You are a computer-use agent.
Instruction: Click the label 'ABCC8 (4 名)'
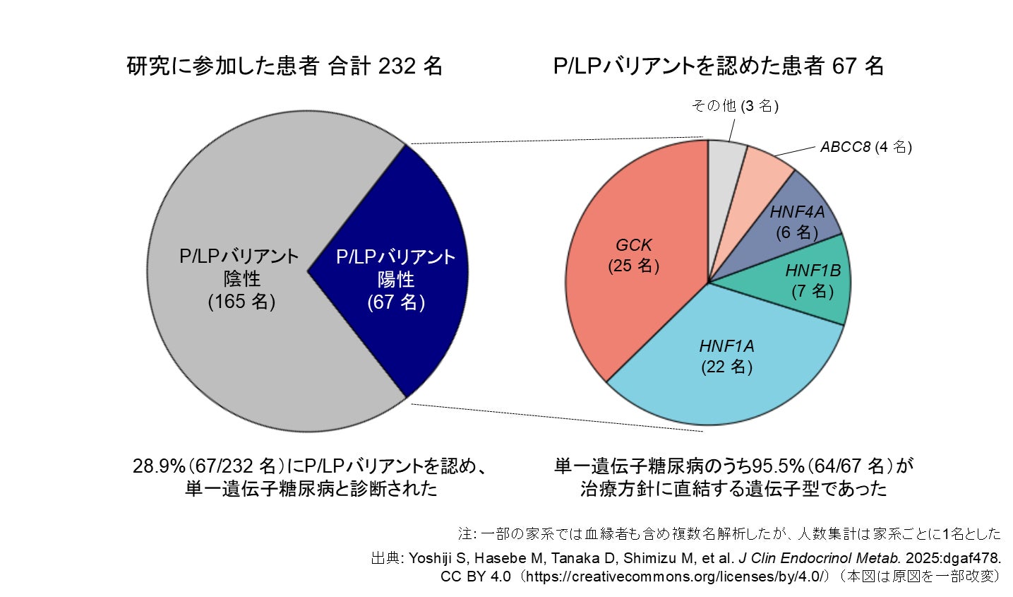pyautogui.click(x=865, y=147)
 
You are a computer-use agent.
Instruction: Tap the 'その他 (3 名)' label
pyautogui.click(x=734, y=106)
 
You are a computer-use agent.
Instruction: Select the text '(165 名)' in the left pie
pyautogui.click(x=241, y=302)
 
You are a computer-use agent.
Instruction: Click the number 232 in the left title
pyautogui.click(x=396, y=66)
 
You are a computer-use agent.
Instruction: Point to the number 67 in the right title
pyautogui.click(x=844, y=66)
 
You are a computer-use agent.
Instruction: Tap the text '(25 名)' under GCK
pyautogui.click(x=633, y=266)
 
